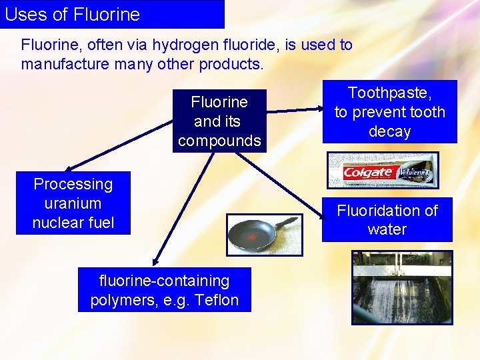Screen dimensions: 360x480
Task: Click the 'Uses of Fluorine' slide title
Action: tap(73, 14)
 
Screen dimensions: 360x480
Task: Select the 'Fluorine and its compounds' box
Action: tap(219, 121)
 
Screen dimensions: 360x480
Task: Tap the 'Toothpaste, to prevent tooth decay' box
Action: tap(390, 112)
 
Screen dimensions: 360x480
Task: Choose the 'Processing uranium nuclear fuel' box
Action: tap(73, 203)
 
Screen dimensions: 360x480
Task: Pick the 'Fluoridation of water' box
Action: tap(387, 220)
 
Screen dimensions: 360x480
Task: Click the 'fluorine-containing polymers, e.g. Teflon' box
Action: tap(165, 290)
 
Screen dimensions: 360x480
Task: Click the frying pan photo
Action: tap(264, 235)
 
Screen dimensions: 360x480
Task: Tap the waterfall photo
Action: tap(401, 287)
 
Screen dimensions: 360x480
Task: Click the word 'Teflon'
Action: tap(217, 300)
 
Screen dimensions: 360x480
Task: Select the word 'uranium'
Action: tap(73, 203)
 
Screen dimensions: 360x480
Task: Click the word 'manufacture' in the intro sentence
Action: tap(61, 65)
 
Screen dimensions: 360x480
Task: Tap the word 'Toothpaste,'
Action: tap(390, 93)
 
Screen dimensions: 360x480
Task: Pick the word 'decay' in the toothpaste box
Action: tap(390, 131)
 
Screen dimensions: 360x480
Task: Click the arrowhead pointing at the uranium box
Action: tap(68, 169)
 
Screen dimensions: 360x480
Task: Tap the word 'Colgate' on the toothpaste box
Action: tap(368, 173)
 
